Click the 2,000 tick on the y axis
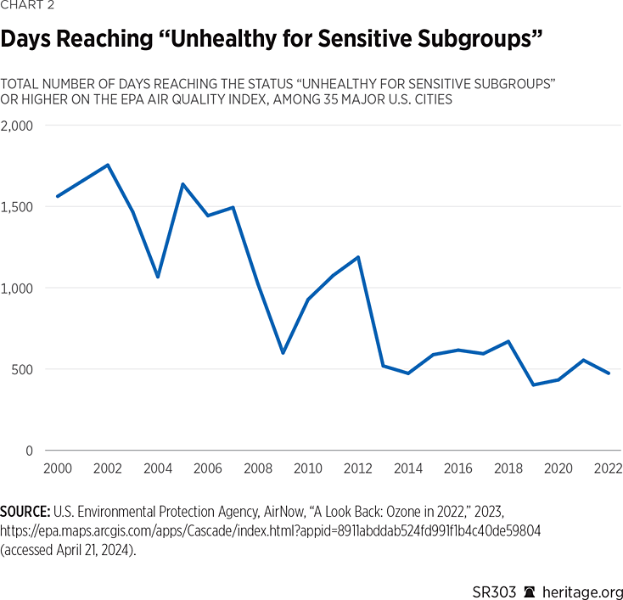point(17,126)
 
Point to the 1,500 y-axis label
point(17,207)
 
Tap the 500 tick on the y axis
point(22,369)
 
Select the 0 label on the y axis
point(29,451)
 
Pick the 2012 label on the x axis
point(358,468)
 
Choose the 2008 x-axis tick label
point(257,468)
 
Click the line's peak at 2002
point(108,165)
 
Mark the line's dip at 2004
point(158,277)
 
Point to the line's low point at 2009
point(283,353)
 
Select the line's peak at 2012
point(358,257)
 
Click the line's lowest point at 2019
point(534,385)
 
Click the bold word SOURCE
point(25,513)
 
